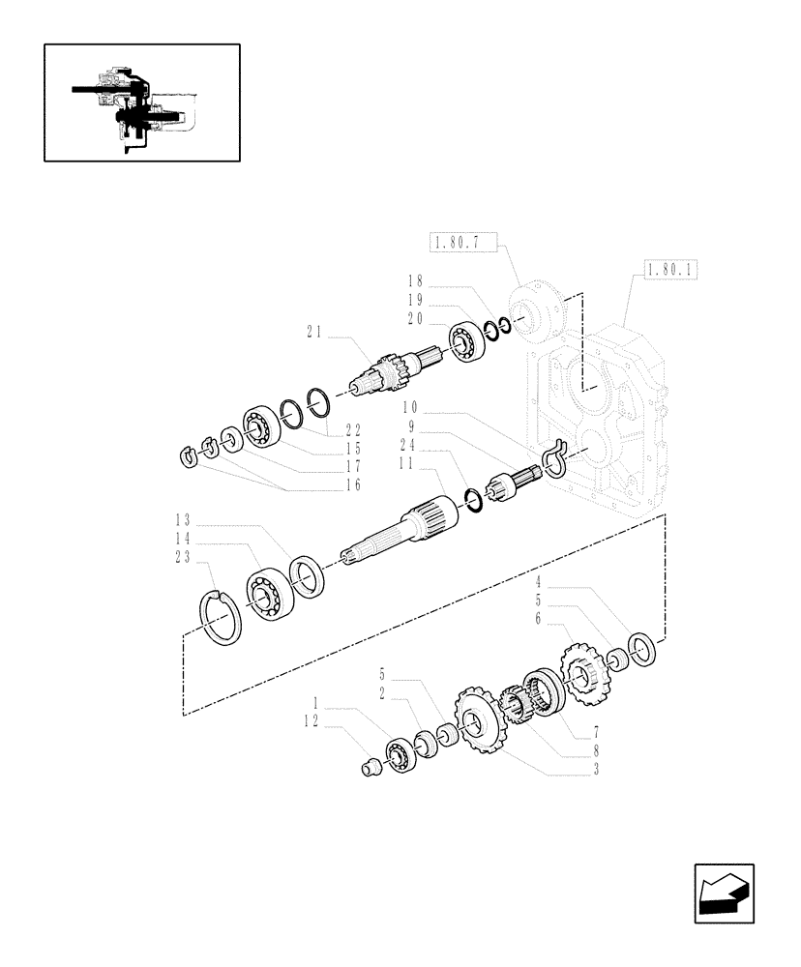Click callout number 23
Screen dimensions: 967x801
click(183, 556)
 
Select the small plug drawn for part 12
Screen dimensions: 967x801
click(368, 769)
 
